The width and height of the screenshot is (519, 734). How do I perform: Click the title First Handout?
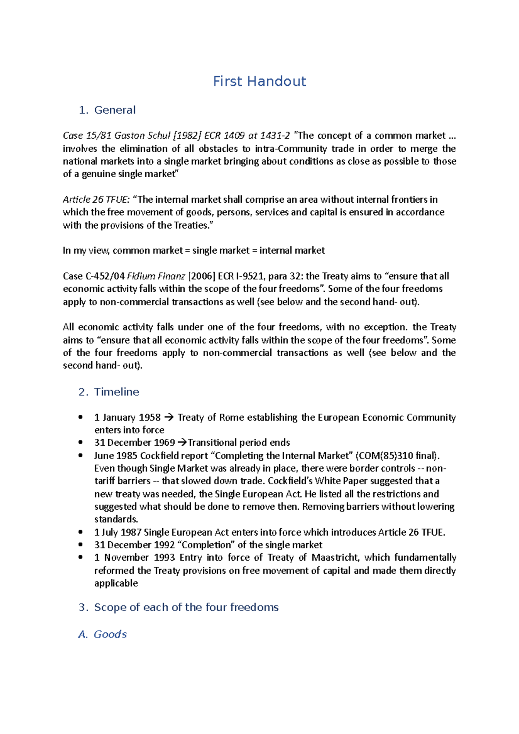pos(259,81)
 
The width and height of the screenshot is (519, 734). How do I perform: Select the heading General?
pos(115,110)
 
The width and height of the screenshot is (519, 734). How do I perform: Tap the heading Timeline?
pos(116,392)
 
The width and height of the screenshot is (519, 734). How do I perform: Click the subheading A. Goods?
pos(103,634)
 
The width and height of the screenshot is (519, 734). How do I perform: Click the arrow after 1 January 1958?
pos(169,418)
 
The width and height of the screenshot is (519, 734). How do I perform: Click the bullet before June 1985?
pos(80,455)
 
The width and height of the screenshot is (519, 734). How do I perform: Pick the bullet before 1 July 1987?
pos(80,532)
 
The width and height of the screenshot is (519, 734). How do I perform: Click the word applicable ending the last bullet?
pos(116,583)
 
